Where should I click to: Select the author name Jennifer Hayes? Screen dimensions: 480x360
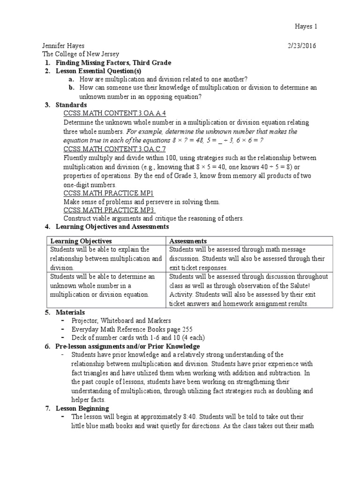(x=64, y=46)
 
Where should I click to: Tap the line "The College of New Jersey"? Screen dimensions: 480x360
(x=81, y=54)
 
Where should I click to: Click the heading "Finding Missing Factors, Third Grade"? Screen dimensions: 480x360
(x=113, y=63)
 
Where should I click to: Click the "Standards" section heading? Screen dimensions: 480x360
(x=71, y=105)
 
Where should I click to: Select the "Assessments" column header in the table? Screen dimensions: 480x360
(x=188, y=241)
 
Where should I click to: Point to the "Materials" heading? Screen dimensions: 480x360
(x=70, y=312)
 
